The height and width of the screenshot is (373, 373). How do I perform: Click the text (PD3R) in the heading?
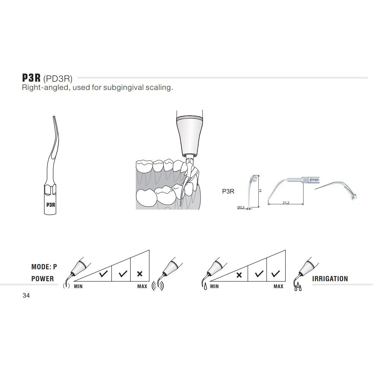point(59,79)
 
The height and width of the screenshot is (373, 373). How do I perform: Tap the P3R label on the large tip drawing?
point(51,204)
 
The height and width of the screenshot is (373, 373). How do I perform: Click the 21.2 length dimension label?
point(286,203)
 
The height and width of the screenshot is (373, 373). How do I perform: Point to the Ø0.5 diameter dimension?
point(241,207)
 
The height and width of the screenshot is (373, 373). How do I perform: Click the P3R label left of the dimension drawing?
point(228,191)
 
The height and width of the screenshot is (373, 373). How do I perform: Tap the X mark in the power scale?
point(140,274)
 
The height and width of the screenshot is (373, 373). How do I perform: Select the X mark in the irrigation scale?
point(239,275)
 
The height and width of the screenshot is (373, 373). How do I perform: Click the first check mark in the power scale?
point(103,274)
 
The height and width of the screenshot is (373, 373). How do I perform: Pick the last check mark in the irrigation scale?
point(276,274)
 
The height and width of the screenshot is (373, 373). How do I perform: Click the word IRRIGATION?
point(330,279)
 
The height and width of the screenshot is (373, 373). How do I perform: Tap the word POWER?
point(42,279)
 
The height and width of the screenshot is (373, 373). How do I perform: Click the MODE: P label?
point(44,267)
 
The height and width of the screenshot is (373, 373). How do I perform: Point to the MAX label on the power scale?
point(142,286)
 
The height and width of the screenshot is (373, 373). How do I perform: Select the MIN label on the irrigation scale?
point(214,286)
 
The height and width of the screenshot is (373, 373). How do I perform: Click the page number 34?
point(26,296)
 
